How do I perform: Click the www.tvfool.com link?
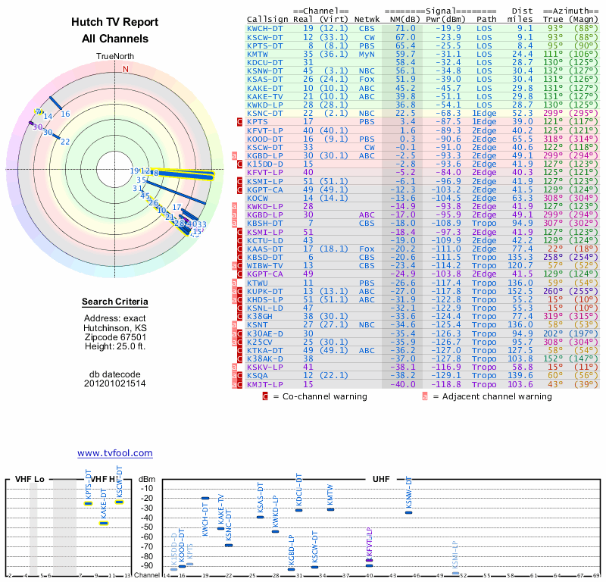(x=114, y=453)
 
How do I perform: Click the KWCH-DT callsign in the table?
(x=266, y=27)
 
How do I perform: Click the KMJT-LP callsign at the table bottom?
(x=266, y=384)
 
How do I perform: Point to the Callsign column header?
(x=269, y=18)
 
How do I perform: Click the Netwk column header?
(x=367, y=18)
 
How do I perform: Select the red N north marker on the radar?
(x=126, y=69)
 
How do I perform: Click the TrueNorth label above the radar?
(x=114, y=57)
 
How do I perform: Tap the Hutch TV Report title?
(x=114, y=23)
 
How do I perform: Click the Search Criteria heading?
(x=114, y=302)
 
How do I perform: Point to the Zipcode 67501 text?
(x=114, y=337)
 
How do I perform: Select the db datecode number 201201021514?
(x=114, y=383)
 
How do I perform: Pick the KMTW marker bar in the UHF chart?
(x=330, y=509)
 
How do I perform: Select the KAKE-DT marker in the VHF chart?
(x=104, y=523)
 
